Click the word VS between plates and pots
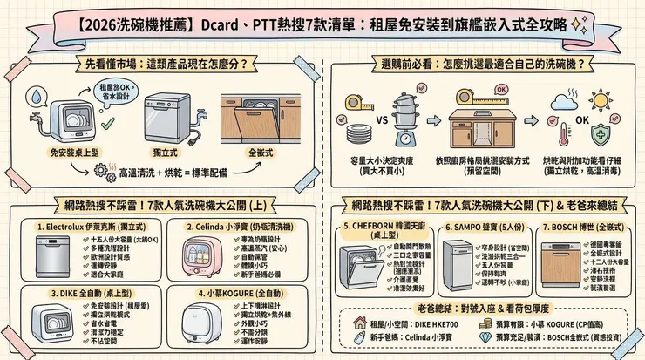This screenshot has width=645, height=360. tap(358, 119)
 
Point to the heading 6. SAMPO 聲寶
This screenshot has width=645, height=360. tap(475, 226)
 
